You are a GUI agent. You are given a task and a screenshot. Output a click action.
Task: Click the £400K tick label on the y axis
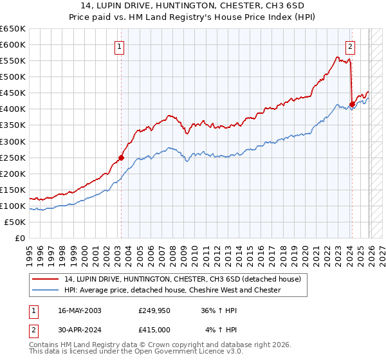13,109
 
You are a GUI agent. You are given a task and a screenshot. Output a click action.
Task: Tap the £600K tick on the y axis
13,44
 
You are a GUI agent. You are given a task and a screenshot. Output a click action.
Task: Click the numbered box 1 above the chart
120,46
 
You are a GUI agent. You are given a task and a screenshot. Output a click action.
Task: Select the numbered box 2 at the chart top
350,46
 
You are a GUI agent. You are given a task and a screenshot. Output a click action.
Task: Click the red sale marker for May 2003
120,157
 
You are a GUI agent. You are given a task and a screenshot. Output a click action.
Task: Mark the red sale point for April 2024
352,104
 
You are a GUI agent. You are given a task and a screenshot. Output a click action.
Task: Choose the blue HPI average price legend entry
172,290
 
